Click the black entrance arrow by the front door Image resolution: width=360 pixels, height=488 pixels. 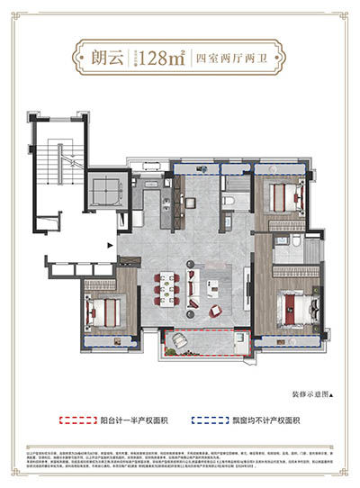(x=110, y=242)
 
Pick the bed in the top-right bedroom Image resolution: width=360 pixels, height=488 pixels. (x=285, y=193)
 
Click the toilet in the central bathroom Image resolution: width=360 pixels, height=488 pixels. (x=229, y=200)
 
